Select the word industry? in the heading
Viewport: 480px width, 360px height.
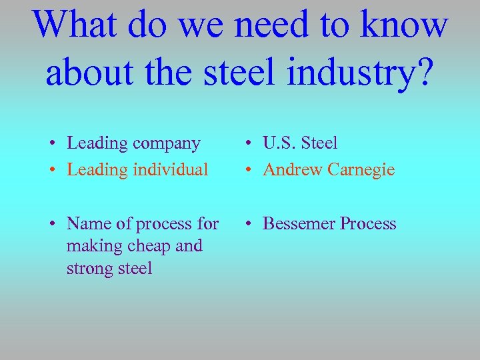[x=361, y=73]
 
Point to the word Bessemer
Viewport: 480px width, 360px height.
[x=298, y=223]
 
